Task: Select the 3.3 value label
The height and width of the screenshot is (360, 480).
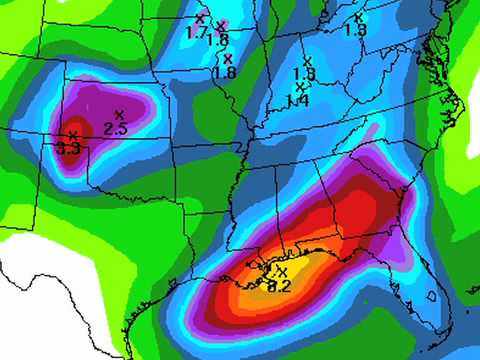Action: [69, 147]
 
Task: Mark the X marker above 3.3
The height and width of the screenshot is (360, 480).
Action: [72, 134]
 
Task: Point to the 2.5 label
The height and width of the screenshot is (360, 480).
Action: [115, 128]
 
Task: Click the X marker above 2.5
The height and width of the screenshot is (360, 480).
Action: [119, 113]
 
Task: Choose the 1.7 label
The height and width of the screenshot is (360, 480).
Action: [196, 32]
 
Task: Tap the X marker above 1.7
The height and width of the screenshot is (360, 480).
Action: [199, 18]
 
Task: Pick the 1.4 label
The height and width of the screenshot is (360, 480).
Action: [297, 100]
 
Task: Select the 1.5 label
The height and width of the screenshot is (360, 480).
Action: [355, 30]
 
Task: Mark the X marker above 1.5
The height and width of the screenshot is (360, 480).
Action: [359, 17]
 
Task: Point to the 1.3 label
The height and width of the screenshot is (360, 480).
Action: [304, 74]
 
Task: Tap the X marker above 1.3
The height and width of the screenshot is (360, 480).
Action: [307, 61]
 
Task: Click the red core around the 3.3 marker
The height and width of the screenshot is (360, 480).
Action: [72, 132]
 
